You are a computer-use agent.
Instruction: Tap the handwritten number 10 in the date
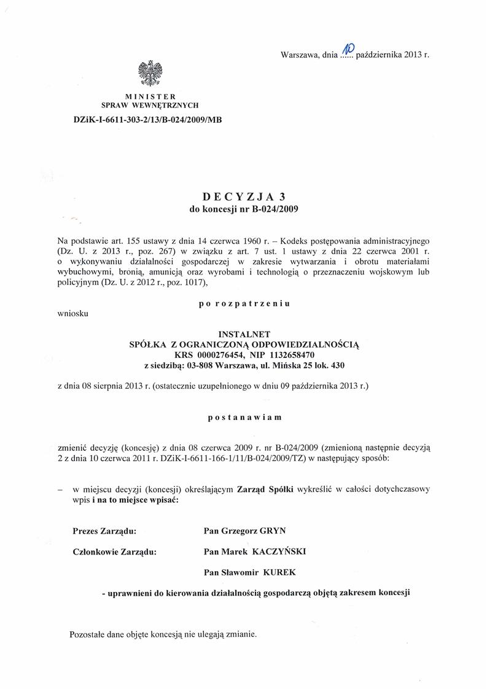(x=348, y=49)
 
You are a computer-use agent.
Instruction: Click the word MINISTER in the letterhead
(x=150, y=96)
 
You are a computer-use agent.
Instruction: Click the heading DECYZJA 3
(x=244, y=197)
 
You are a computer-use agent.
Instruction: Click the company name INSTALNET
(x=244, y=334)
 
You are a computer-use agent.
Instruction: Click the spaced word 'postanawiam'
(x=244, y=417)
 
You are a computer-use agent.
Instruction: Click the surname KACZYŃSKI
(x=279, y=551)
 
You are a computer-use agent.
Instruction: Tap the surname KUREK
(x=279, y=572)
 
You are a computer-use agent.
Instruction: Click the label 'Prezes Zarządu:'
(x=104, y=531)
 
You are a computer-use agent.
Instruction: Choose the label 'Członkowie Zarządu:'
(x=114, y=551)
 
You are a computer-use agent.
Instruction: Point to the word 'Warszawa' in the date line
(x=299, y=55)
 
